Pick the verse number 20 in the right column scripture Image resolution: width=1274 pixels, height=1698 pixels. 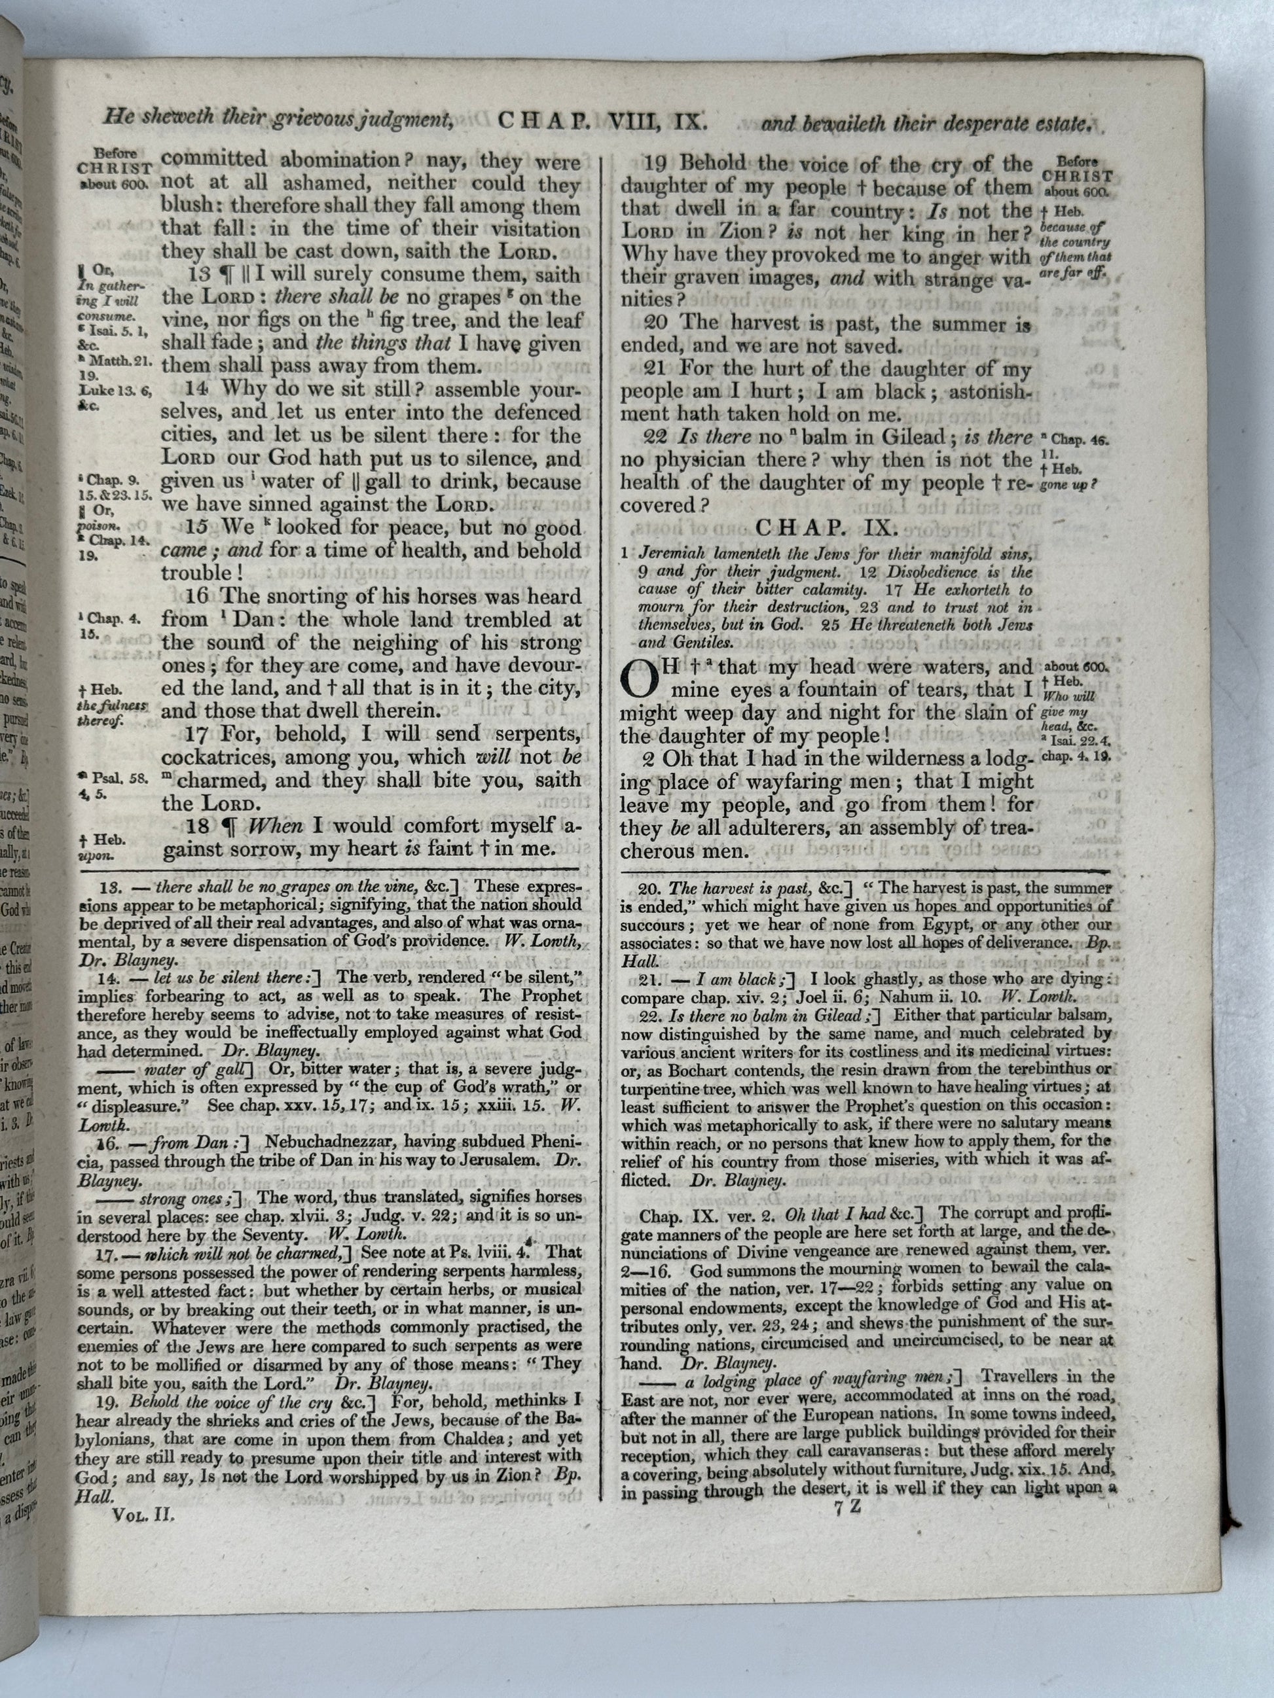(x=656, y=324)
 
